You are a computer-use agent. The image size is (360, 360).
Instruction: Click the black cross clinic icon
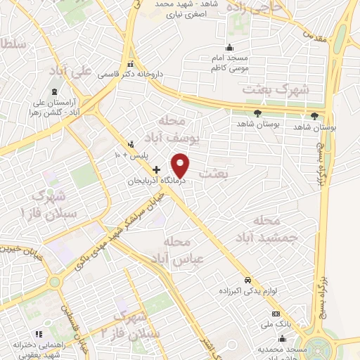pyautogui.click(x=156, y=169)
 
